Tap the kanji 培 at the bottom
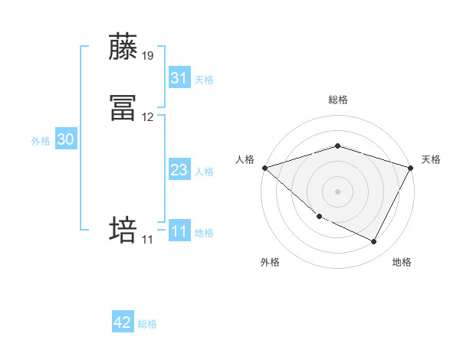pos(124,230)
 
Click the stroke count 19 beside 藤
pos(148,55)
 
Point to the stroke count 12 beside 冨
pos(148,117)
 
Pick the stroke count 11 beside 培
pos(148,240)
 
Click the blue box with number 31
pos(179,78)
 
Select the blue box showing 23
pos(179,171)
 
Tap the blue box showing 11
pos(179,231)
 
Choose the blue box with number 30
pos(66,139)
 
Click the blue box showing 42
pos(123,322)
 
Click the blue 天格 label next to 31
pos(204,80)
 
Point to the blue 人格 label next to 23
pos(204,172)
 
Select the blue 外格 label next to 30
pos(41,141)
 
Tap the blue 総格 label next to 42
pos(147,324)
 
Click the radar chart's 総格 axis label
pos(337,100)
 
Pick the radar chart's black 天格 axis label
pos(431,159)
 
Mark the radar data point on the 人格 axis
pos(264,167)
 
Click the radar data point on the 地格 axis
pos(374,242)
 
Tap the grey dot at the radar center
pos(337,191)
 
